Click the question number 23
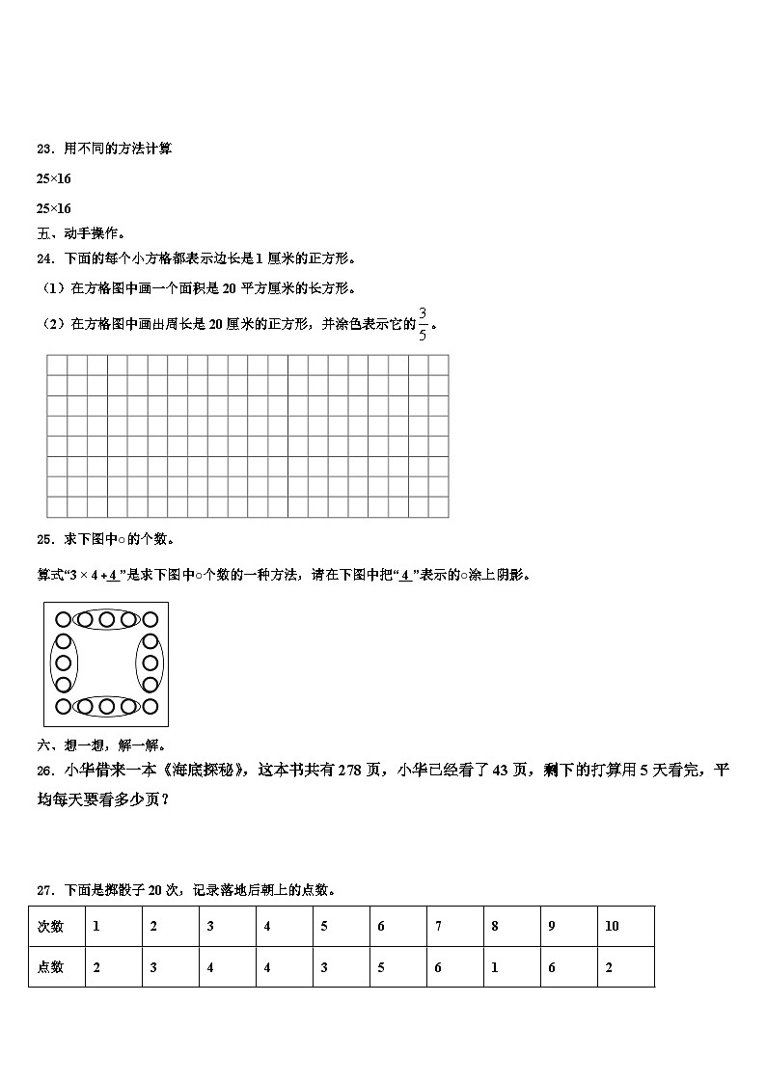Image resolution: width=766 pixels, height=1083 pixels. [43, 149]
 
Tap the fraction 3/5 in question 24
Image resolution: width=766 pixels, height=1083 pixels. [423, 324]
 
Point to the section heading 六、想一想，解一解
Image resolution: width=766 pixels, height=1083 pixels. [100, 745]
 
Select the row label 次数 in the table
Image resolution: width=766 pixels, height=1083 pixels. [50, 926]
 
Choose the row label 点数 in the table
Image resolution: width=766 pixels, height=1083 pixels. [50, 967]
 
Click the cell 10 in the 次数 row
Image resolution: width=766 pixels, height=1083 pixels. [612, 926]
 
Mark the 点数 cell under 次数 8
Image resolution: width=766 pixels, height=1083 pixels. [495, 967]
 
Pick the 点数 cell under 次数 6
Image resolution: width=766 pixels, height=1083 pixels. [381, 967]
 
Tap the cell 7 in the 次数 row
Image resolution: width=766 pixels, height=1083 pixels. [438, 926]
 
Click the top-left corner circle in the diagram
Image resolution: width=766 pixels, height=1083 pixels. [63, 619]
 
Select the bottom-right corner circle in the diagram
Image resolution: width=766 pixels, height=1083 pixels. [150, 707]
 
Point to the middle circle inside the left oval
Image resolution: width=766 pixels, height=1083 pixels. [63, 663]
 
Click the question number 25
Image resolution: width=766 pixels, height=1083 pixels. [43, 538]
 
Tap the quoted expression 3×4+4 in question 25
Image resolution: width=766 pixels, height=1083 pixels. [96, 576]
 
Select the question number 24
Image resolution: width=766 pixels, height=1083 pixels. [43, 258]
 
